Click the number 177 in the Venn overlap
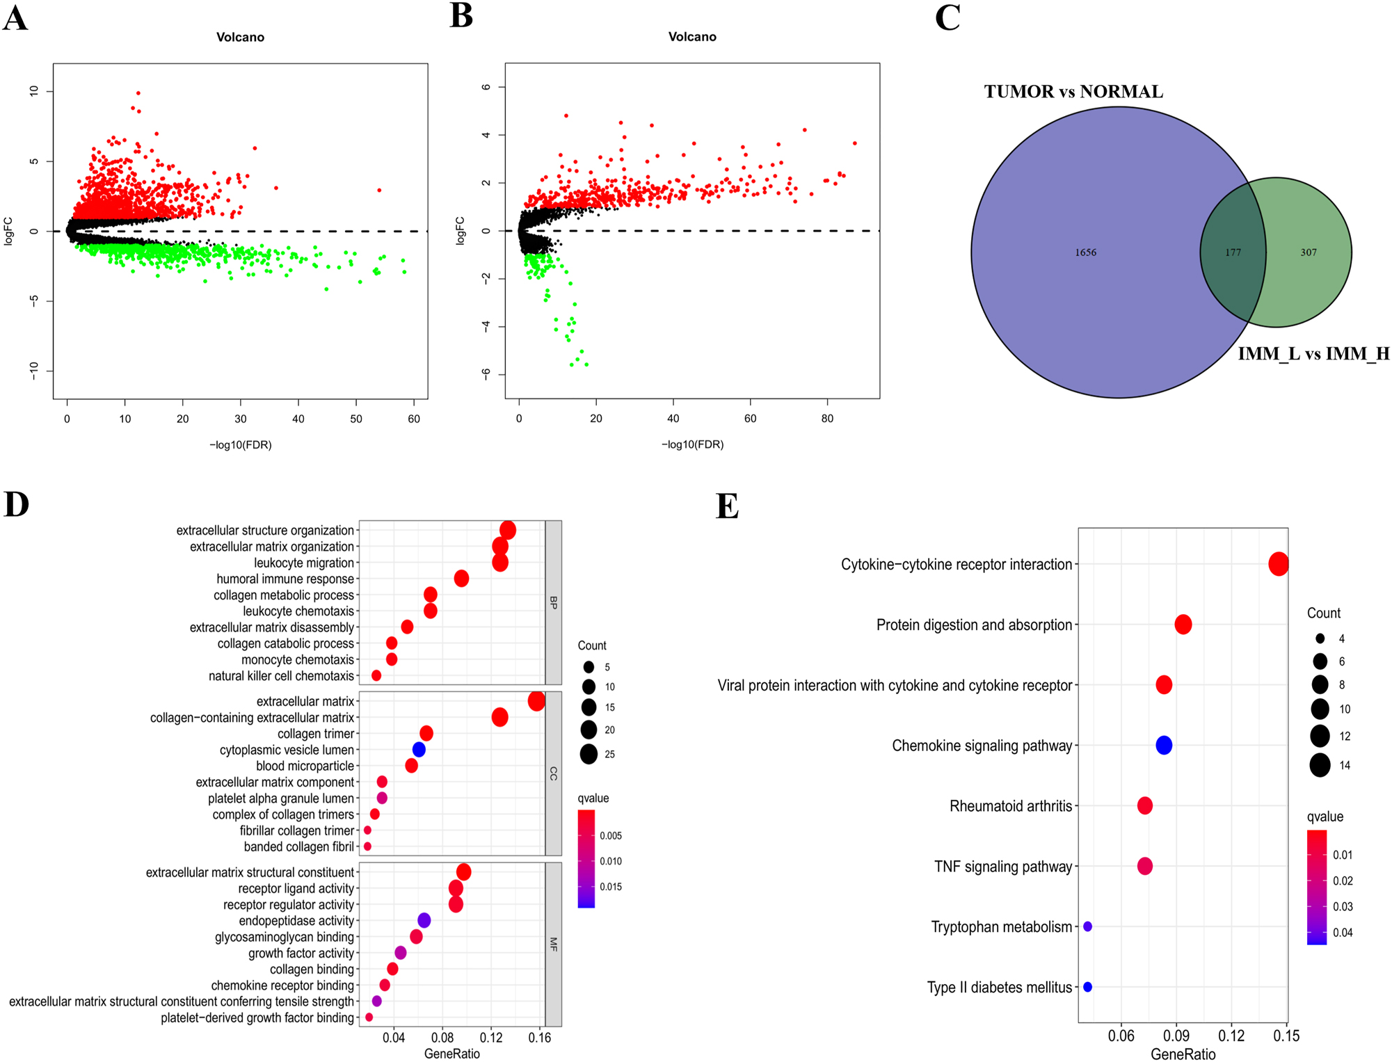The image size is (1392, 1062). coord(1233,252)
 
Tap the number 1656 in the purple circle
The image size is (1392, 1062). coord(1085,252)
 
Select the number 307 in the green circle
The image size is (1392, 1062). coord(1308,252)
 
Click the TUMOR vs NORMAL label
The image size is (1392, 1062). coord(1073,92)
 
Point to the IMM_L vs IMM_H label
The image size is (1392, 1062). coord(1313,354)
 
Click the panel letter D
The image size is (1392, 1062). coord(16,504)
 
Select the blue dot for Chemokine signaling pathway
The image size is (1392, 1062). coord(1164,746)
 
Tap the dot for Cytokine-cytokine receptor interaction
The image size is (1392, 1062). coord(1279,564)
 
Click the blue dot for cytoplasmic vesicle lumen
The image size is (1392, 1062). coord(419,750)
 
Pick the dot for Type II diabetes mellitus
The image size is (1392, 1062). coord(1088,987)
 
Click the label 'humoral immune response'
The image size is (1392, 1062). coord(285,579)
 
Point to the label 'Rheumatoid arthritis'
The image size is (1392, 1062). coord(1011,806)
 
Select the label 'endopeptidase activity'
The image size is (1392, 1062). coord(296,921)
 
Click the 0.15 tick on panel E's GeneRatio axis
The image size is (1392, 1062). coord(1286,1036)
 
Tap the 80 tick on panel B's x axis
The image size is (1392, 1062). coord(827,419)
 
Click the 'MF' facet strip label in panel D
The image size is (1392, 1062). coord(554,944)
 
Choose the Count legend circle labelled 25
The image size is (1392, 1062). coord(589,754)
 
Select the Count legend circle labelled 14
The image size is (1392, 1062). coord(1320,765)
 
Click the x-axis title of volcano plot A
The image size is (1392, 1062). coord(240,445)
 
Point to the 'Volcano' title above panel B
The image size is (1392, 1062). coord(692,37)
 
